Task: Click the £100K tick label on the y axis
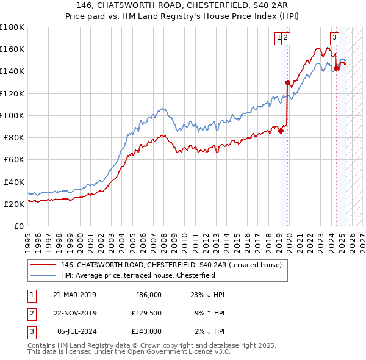pos(12,115)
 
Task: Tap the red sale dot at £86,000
pos(281,130)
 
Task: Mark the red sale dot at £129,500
pos(287,82)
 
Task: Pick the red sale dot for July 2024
pos(336,68)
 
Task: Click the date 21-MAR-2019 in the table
pos(74,295)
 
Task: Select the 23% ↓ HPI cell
pos(208,295)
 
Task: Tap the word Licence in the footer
pos(195,352)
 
